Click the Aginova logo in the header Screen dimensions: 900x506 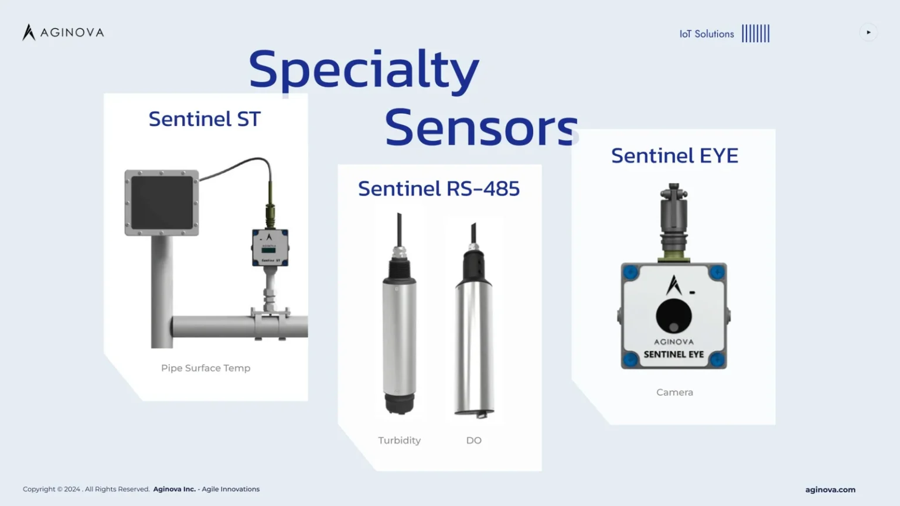click(x=63, y=32)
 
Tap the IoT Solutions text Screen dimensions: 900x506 click(x=706, y=34)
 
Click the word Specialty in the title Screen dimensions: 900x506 click(x=364, y=70)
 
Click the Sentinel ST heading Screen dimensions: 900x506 click(x=204, y=119)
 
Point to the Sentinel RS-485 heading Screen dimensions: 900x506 click(x=439, y=189)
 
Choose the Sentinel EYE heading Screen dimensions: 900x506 click(x=674, y=155)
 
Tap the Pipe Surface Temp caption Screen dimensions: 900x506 click(x=205, y=368)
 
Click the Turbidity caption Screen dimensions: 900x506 click(x=400, y=440)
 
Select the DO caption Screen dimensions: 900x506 click(x=473, y=440)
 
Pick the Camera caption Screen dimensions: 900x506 click(x=674, y=392)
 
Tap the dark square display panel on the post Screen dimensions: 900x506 click(x=162, y=203)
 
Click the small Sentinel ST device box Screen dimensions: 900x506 click(x=270, y=247)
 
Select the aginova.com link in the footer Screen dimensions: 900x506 click(x=830, y=490)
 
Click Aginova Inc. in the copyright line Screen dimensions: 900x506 click(x=175, y=489)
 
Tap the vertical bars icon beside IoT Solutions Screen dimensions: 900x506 click(x=756, y=33)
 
